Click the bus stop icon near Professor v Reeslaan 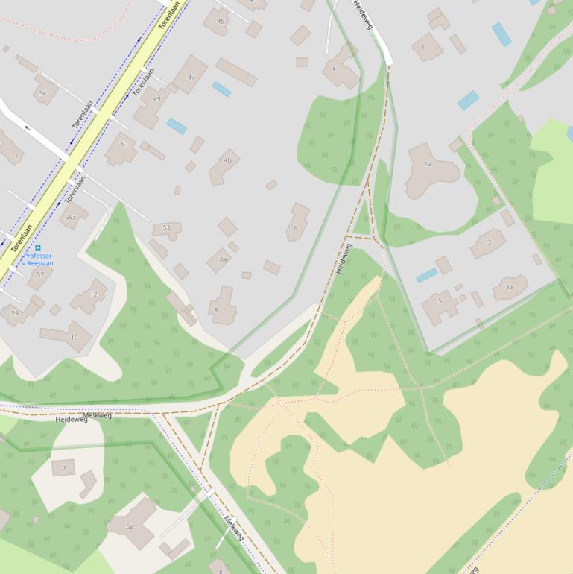(x=38, y=247)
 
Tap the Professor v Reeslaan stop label (x=37, y=259)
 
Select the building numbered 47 (x=191, y=75)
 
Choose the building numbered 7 (x=63, y=468)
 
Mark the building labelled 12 (x=91, y=295)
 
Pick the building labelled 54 (x=45, y=91)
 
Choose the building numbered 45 (x=218, y=22)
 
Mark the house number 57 (x=40, y=275)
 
